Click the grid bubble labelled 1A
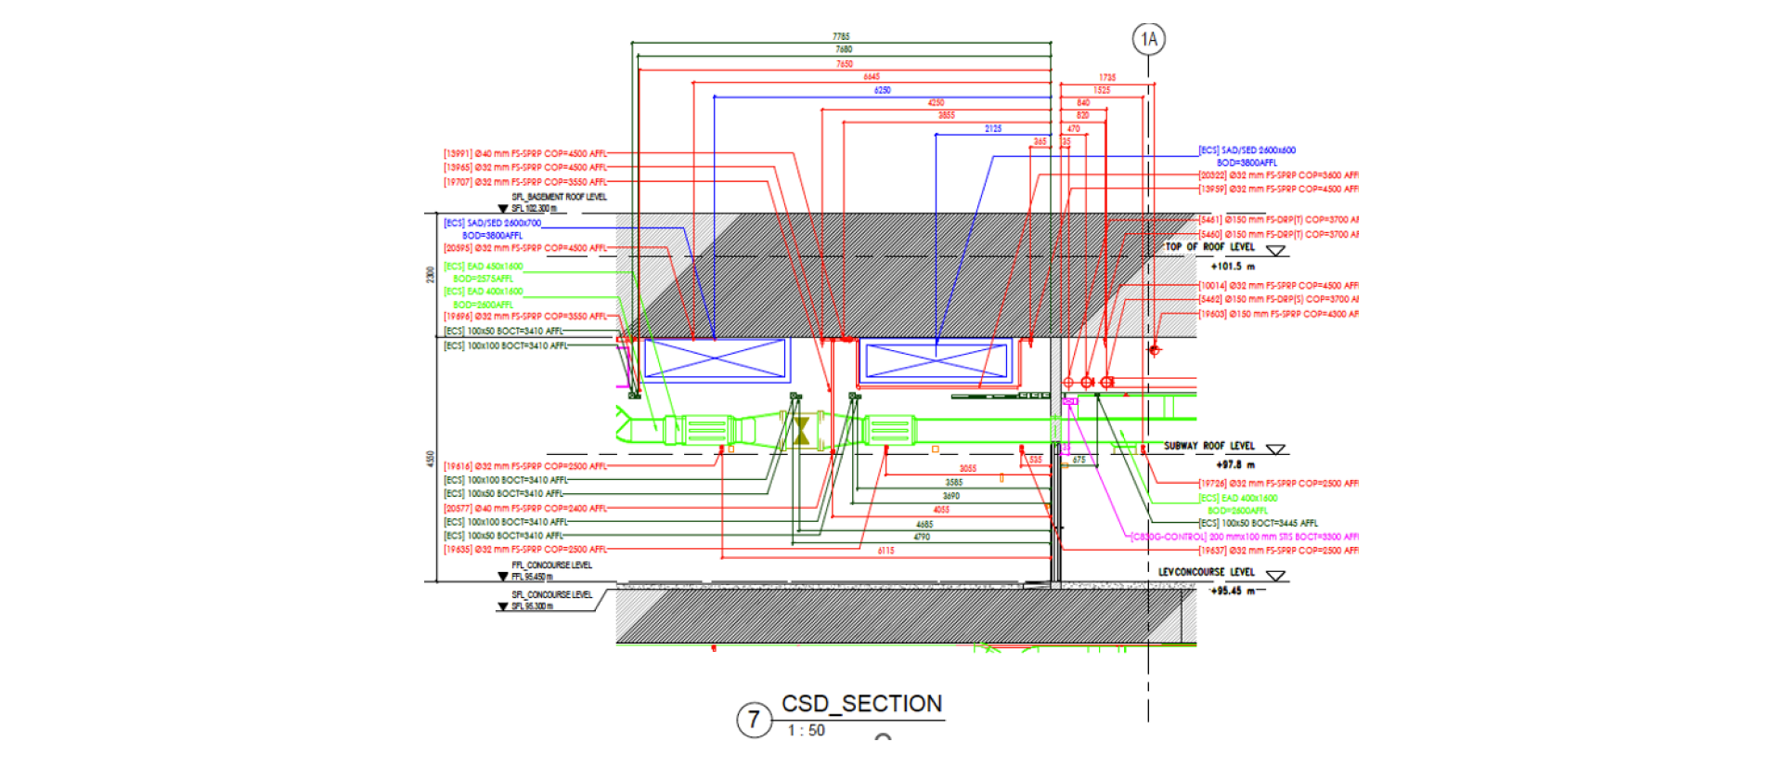[1149, 39]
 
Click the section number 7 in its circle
[754, 720]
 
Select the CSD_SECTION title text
[861, 704]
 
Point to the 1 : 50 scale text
[806, 731]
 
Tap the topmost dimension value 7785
[841, 36]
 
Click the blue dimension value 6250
[882, 90]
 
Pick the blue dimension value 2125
[993, 129]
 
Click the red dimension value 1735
[1107, 78]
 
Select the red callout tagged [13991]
[524, 153]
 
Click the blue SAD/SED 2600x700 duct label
[492, 223]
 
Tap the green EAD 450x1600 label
[484, 267]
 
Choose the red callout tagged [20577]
[524, 508]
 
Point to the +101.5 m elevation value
[1233, 267]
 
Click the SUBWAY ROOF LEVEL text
[1208, 446]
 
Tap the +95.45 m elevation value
[1233, 591]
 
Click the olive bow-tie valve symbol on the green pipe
[801, 431]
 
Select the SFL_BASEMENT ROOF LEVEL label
[559, 197]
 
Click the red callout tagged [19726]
[1278, 484]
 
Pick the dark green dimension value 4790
[922, 537]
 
